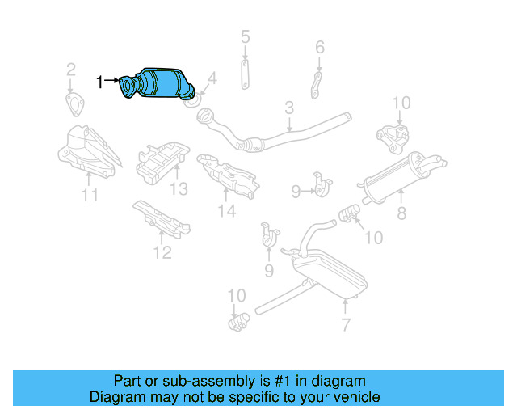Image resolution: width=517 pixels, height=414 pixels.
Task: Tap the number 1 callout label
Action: tap(100, 82)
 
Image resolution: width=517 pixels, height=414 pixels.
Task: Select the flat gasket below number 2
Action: tap(75, 103)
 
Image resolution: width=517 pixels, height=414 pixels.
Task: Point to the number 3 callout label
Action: tap(288, 108)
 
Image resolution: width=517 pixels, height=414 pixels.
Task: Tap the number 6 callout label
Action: tap(320, 48)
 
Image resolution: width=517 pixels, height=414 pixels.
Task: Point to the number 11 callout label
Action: tap(90, 195)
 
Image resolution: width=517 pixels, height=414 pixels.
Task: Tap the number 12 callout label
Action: tap(162, 253)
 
